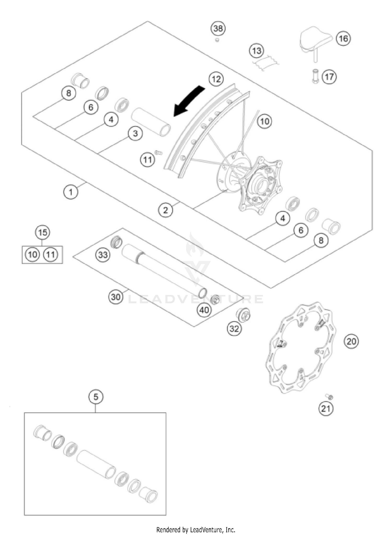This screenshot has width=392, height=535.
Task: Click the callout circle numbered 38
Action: pyautogui.click(x=218, y=28)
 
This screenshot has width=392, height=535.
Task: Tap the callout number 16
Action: pyautogui.click(x=343, y=39)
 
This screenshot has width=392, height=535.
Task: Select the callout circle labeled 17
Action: pyautogui.click(x=329, y=77)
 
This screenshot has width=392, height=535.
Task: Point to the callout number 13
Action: pyautogui.click(x=257, y=50)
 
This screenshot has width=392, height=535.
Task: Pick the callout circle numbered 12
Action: pyautogui.click(x=216, y=79)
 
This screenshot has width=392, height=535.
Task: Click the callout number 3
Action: pyautogui.click(x=135, y=133)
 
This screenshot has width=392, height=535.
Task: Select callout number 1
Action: pyautogui.click(x=71, y=192)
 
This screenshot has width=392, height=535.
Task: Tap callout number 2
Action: pyautogui.click(x=165, y=210)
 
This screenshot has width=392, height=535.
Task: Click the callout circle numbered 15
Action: pyautogui.click(x=43, y=232)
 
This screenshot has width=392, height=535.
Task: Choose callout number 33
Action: pyautogui.click(x=103, y=254)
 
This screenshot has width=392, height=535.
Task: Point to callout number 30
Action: pyautogui.click(x=116, y=297)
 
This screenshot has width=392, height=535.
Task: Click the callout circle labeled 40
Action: pyautogui.click(x=204, y=310)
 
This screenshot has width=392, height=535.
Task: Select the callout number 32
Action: pyautogui.click(x=234, y=329)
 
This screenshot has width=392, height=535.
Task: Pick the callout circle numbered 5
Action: pyautogui.click(x=96, y=397)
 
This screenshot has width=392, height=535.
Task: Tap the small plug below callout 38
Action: pyautogui.click(x=217, y=40)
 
